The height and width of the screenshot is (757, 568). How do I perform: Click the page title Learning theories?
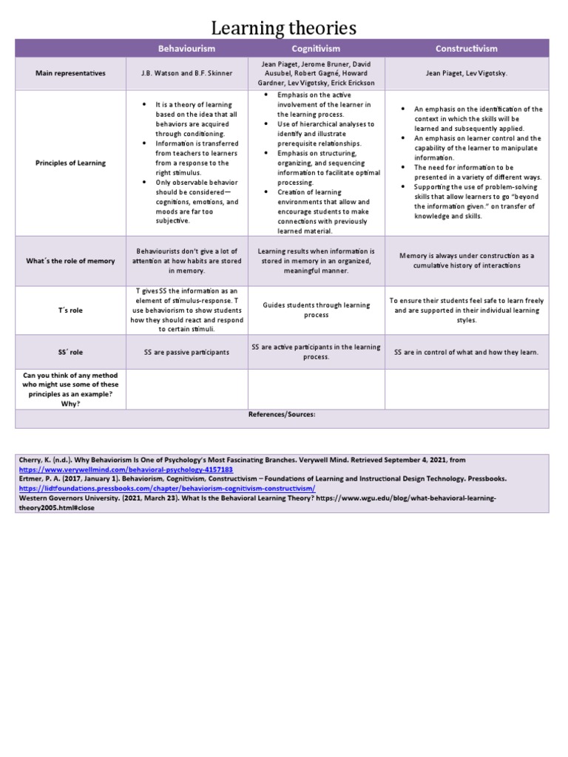pos(284,28)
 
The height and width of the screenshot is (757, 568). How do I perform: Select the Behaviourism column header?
pos(186,49)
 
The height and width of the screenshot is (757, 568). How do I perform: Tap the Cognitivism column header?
pos(316,49)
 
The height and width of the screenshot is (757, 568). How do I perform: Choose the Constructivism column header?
pos(466,49)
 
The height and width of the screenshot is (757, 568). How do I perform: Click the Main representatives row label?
pos(70,74)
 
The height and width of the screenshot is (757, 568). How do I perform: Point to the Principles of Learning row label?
pos(70,163)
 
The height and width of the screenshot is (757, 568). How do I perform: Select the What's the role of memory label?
pos(70,261)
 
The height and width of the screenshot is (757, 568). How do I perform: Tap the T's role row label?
pos(70,310)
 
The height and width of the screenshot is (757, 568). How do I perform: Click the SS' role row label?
pos(70,352)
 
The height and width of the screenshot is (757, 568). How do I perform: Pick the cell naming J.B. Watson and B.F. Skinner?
pos(186,74)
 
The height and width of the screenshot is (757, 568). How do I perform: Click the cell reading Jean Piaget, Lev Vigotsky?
pos(466,74)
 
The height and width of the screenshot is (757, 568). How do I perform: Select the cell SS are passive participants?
pos(186,352)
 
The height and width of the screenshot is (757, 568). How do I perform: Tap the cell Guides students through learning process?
pos(316,310)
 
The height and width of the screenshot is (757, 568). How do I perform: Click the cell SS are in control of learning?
pos(466,352)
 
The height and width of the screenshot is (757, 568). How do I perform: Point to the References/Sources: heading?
pos(282,415)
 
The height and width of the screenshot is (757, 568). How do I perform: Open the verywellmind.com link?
pos(126,469)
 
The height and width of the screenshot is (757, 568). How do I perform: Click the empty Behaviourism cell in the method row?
pos(186,389)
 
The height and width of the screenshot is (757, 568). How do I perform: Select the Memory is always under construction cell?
pos(466,261)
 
